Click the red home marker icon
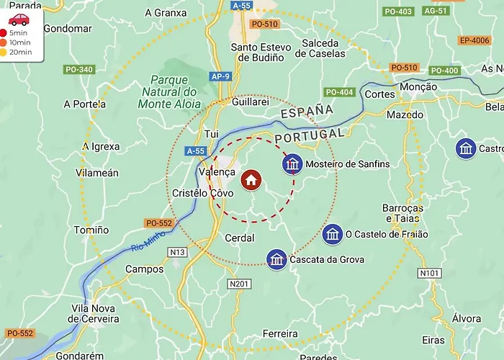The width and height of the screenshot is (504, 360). [251, 179]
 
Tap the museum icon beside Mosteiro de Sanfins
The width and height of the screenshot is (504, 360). [292, 164]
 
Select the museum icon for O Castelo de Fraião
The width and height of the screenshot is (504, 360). [333, 234]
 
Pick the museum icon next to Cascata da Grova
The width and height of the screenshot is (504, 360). [276, 259]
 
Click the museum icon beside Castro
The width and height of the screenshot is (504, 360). [466, 149]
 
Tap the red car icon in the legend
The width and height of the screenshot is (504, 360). [19, 19]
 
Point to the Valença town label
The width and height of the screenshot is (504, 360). [215, 172]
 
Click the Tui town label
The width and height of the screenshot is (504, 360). [211, 134]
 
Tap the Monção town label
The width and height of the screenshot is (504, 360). [418, 86]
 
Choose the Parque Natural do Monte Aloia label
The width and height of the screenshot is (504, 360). [169, 91]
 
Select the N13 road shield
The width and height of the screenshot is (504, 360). [177, 252]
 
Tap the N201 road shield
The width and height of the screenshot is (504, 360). [239, 284]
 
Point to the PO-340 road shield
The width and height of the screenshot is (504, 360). [78, 70]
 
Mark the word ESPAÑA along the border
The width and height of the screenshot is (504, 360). [307, 112]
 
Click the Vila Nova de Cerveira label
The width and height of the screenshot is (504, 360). [94, 313]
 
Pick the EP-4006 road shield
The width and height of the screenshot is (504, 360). [474, 40]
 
